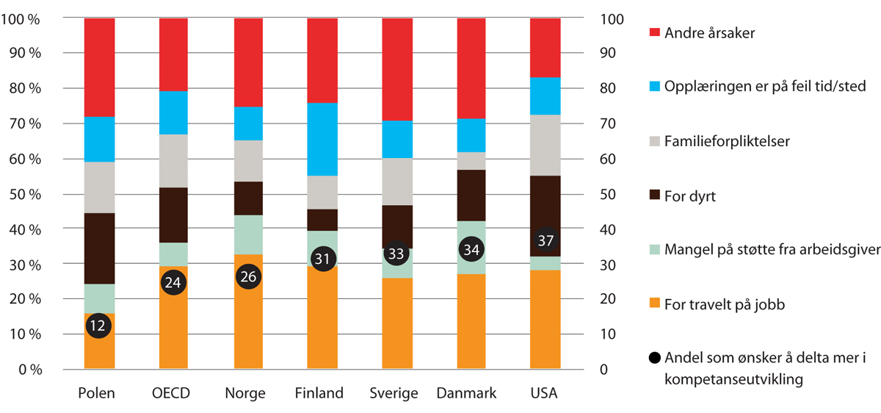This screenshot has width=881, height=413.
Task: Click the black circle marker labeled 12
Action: [99, 325]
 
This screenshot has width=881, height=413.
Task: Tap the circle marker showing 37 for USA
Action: [545, 240]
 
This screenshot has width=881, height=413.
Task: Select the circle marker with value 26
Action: [248, 276]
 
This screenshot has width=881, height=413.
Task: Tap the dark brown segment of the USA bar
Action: [545, 206]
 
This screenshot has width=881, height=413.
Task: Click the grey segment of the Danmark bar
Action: [471, 161]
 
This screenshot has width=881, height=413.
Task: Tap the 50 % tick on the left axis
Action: [23, 194]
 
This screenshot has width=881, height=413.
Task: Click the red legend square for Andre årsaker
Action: [655, 32]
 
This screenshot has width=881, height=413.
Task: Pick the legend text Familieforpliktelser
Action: [727, 141]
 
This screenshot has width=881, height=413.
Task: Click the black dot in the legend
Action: [655, 359]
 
